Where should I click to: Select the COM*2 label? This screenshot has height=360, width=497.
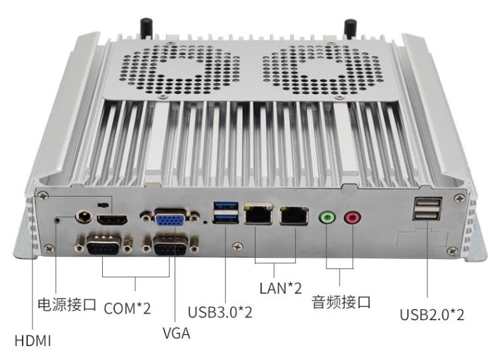click(127, 309)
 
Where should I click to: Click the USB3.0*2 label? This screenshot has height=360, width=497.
click(220, 311)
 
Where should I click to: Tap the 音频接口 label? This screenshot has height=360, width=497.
click(341, 303)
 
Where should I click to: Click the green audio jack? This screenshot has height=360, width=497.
click(326, 217)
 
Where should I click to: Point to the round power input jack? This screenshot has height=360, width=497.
click(85, 217)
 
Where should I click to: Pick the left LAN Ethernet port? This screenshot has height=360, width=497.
click(259, 215)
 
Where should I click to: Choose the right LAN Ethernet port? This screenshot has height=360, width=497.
click(293, 215)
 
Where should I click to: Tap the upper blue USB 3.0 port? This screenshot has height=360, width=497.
click(223, 206)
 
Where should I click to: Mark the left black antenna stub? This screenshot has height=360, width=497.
click(144, 28)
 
